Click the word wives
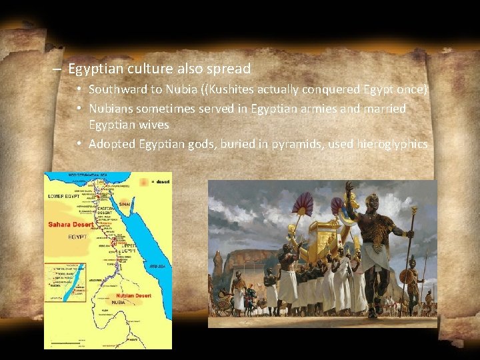click(154, 125)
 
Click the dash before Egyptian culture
click(57, 69)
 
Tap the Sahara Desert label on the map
click(71, 225)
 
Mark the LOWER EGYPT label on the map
click(63, 197)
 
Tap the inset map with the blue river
click(65, 281)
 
